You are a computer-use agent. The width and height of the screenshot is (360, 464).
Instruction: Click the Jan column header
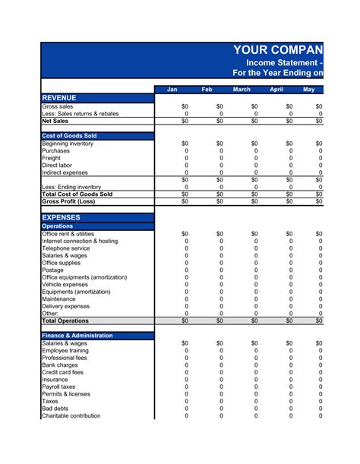point(172,90)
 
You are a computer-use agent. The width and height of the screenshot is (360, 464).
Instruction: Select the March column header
point(242,90)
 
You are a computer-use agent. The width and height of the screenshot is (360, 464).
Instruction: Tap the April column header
point(276,90)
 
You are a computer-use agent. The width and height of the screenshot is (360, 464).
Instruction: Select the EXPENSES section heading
point(61,217)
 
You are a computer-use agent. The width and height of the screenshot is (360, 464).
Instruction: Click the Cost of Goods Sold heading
point(69,135)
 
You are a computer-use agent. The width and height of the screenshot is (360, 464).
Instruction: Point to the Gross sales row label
point(58,107)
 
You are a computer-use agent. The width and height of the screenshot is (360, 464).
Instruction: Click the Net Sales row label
point(55,121)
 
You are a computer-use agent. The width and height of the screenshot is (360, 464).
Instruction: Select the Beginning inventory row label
point(68,143)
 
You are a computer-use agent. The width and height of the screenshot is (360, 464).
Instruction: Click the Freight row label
point(52,158)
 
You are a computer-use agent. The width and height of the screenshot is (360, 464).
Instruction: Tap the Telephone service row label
point(65,248)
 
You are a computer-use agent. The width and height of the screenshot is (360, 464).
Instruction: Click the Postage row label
point(53,270)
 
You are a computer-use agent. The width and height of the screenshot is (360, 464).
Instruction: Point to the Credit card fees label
point(62,372)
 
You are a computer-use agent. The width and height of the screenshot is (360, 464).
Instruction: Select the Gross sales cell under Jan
point(185,107)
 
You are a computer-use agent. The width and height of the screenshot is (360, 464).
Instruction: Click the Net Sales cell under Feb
point(219,121)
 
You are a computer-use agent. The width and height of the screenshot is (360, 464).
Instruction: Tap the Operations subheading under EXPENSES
point(58,226)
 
